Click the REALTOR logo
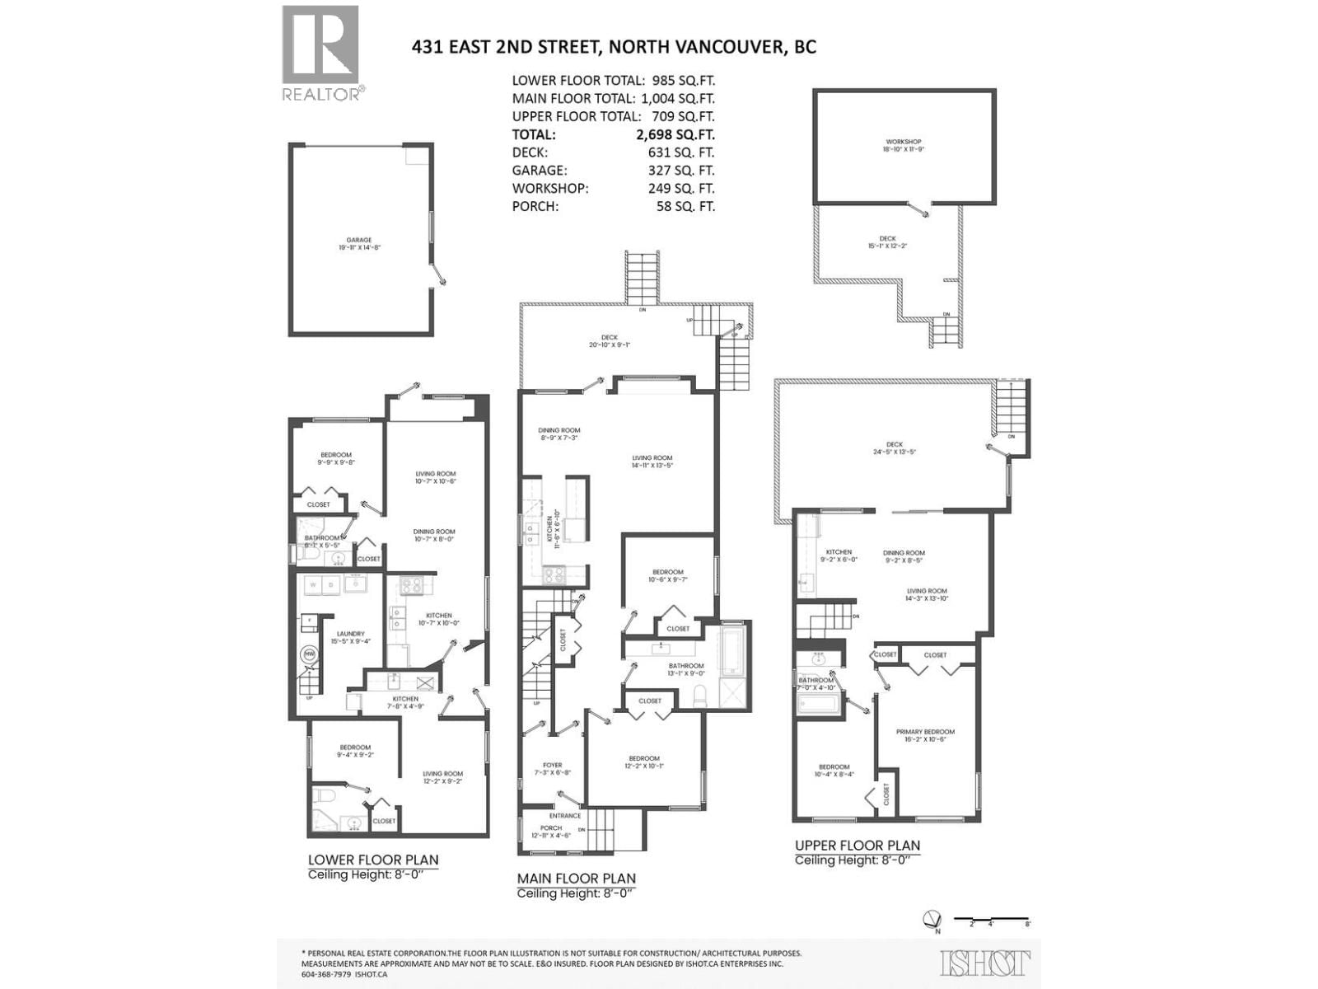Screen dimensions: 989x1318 pyautogui.click(x=321, y=53)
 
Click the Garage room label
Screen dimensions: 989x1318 pyautogui.click(x=358, y=243)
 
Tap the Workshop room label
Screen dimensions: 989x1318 pyautogui.click(x=904, y=145)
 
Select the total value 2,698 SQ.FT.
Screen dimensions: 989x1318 pyautogui.click(x=681, y=134)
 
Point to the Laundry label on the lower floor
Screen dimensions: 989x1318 pyautogui.click(x=350, y=637)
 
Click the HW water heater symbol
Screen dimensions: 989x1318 pyautogui.click(x=310, y=654)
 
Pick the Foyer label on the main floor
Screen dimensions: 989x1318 pyautogui.click(x=552, y=768)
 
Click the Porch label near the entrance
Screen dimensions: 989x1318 pyautogui.click(x=551, y=831)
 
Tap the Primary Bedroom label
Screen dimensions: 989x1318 pyautogui.click(x=925, y=735)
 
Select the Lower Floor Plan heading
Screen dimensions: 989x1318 pyautogui.click(x=373, y=860)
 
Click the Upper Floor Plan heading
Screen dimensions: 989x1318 pyautogui.click(x=857, y=846)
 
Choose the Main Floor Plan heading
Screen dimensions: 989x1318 pyautogui.click(x=576, y=879)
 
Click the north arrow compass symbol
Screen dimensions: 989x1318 pyautogui.click(x=933, y=919)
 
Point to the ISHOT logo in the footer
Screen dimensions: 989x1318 pyautogui.click(x=985, y=963)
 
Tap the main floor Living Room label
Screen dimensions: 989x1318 pyautogui.click(x=652, y=462)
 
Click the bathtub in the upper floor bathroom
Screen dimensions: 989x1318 pyautogui.click(x=819, y=704)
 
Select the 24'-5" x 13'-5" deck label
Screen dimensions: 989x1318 pyautogui.click(x=895, y=448)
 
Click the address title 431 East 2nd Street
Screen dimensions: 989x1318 pyautogui.click(x=614, y=46)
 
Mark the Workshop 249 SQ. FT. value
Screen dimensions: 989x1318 pyautogui.click(x=681, y=188)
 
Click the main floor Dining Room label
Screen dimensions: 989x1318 pyautogui.click(x=559, y=434)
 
